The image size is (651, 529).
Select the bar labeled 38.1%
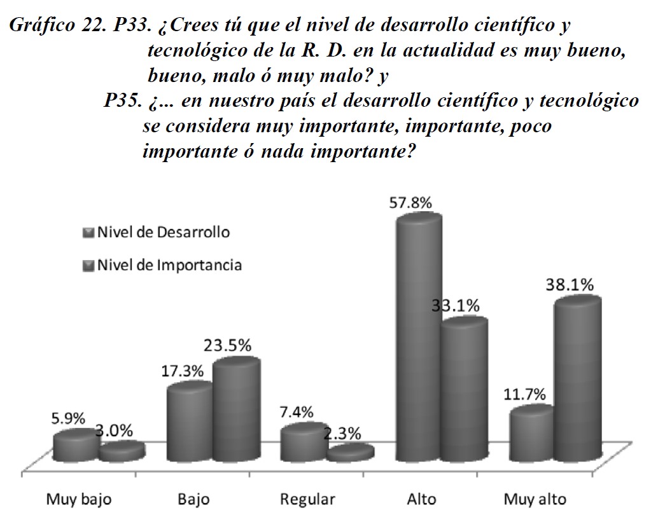click(x=577, y=381)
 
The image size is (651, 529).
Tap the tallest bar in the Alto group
click(x=417, y=337)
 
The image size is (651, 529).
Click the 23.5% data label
click(x=227, y=346)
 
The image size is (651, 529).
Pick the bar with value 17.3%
click(x=189, y=423)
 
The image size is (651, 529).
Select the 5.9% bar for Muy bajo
click(x=75, y=446)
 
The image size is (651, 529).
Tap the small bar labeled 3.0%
click(x=121, y=452)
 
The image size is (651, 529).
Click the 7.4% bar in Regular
click(x=303, y=442)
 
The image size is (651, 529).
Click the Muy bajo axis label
click(x=78, y=499)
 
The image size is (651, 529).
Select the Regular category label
click(x=307, y=499)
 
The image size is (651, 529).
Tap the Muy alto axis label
click(x=534, y=499)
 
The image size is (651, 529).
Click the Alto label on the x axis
click(x=421, y=499)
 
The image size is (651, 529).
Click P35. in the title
click(x=123, y=101)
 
